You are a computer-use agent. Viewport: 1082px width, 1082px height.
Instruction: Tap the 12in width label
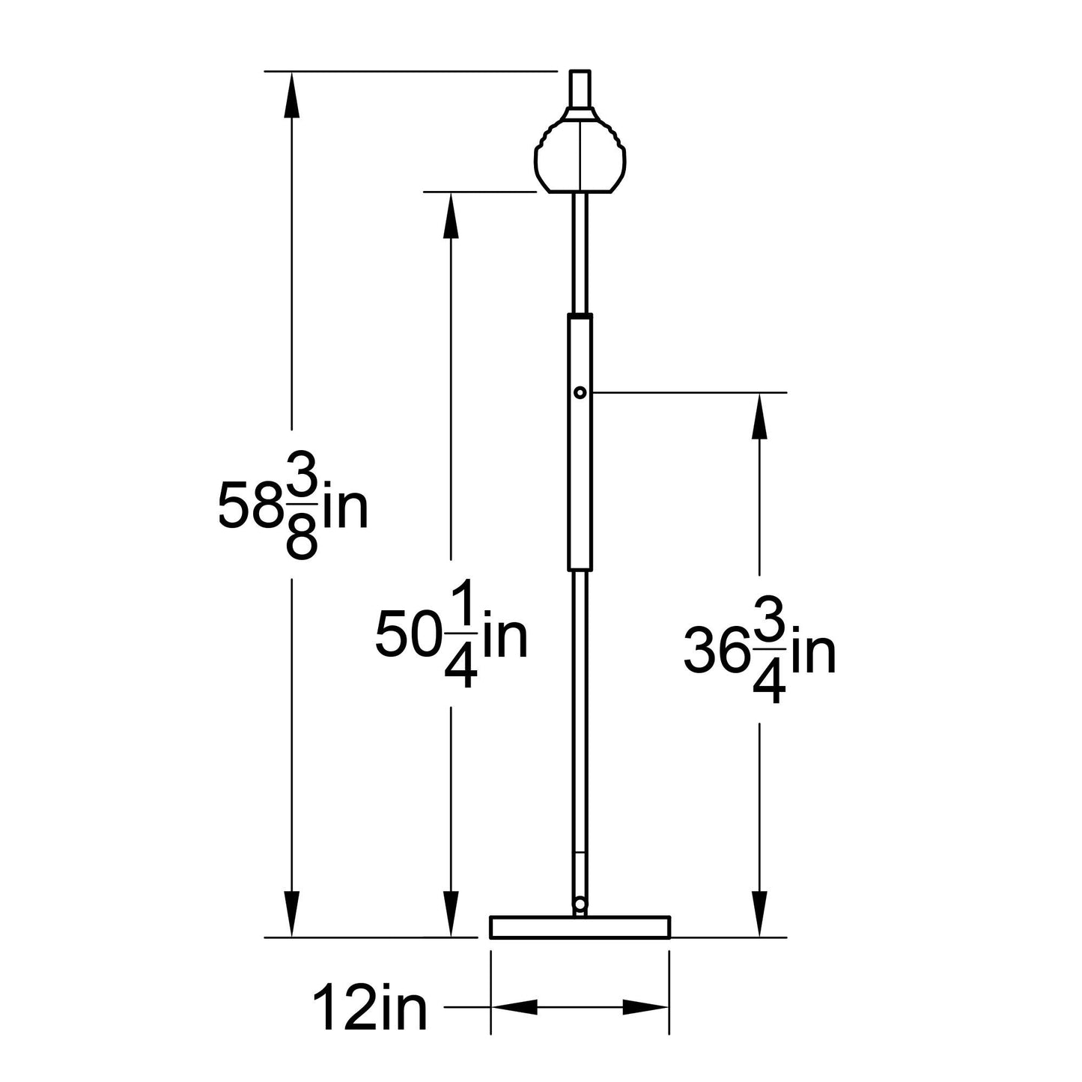click(x=369, y=1008)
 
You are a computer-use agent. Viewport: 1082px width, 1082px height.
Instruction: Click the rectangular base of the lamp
click(x=580, y=926)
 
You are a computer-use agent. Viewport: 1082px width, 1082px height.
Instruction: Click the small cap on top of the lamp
click(x=580, y=88)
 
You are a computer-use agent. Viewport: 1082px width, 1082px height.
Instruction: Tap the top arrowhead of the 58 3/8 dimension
click(x=291, y=94)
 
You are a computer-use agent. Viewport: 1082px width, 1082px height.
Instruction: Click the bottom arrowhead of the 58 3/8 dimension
click(x=291, y=915)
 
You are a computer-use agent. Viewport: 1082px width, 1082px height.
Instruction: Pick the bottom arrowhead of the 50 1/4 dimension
click(x=451, y=915)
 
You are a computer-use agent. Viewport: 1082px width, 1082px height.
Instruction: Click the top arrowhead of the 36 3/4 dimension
click(x=760, y=415)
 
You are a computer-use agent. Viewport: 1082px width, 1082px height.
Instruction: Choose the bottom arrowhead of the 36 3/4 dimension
click(x=760, y=915)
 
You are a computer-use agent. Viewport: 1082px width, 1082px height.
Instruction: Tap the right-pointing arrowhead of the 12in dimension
click(x=644, y=1008)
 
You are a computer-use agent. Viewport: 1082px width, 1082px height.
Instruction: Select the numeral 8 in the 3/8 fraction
click(x=302, y=541)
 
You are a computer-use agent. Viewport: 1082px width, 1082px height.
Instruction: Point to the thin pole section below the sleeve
click(x=580, y=711)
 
